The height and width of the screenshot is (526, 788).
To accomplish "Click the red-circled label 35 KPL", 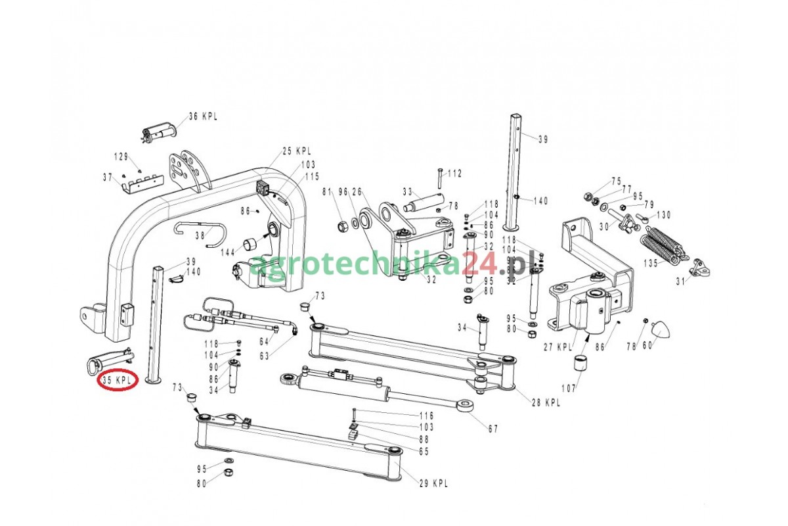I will click(x=118, y=380).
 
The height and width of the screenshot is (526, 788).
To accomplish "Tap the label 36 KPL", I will click(x=202, y=116).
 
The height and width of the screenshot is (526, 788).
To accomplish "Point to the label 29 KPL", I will click(x=433, y=483).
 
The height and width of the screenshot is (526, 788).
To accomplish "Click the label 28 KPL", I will click(x=546, y=403).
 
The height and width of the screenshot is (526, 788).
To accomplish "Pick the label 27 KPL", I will click(x=558, y=347).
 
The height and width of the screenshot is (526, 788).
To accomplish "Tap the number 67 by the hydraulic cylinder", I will click(x=492, y=429).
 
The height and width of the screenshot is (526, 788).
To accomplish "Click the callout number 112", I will click(x=455, y=174).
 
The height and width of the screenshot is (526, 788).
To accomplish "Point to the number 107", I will click(x=568, y=388).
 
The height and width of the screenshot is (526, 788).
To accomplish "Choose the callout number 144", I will click(x=227, y=252).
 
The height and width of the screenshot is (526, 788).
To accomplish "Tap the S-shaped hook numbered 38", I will click(x=200, y=233).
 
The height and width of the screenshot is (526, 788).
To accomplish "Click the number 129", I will click(x=121, y=156).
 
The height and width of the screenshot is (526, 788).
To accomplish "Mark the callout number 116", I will click(x=427, y=416).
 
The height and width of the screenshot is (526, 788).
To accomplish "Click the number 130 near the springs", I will click(x=663, y=215).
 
